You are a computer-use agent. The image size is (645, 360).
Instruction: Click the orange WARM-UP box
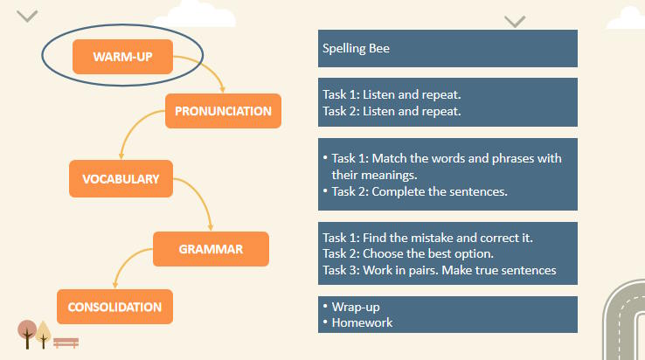coord(122,57)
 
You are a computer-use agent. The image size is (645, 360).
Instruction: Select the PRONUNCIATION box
coord(223,111)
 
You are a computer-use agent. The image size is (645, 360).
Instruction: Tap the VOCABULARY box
coord(121,178)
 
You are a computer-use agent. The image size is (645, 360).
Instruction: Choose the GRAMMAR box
coord(211,249)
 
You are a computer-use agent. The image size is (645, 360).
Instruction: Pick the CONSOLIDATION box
coord(114,307)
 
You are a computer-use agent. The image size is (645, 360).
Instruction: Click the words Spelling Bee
coord(356,49)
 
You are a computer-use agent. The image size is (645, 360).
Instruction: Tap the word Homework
coord(362,322)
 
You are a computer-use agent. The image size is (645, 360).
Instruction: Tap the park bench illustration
coord(66,343)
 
